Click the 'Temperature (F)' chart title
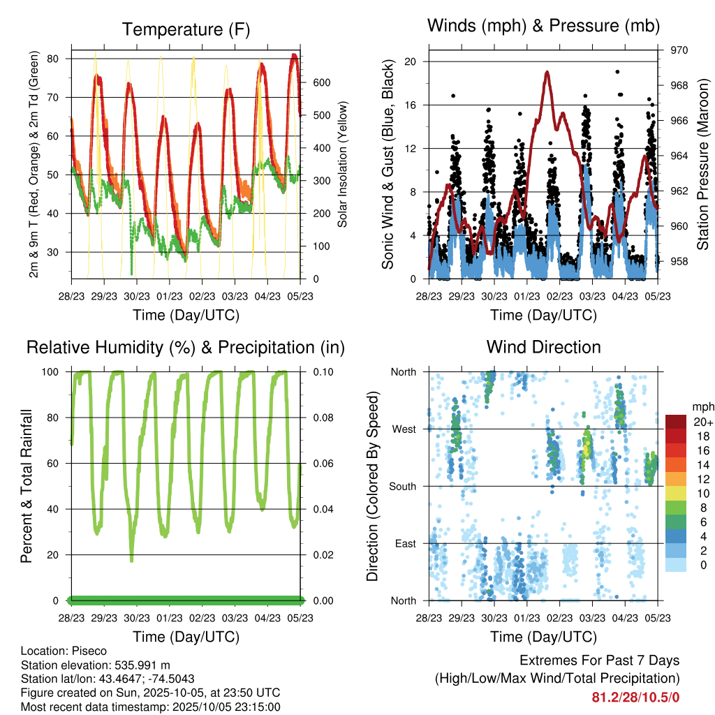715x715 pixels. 186,29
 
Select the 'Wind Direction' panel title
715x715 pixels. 543,346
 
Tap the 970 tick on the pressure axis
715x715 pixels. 679,50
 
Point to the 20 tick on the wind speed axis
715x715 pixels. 411,61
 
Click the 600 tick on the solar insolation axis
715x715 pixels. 320,82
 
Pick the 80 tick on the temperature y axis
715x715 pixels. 52,59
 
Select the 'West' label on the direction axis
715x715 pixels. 403,429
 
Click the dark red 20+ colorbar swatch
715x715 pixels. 677,422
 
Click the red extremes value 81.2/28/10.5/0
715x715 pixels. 635,697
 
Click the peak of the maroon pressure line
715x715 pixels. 547,71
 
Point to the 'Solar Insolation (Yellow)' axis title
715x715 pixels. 343,165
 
